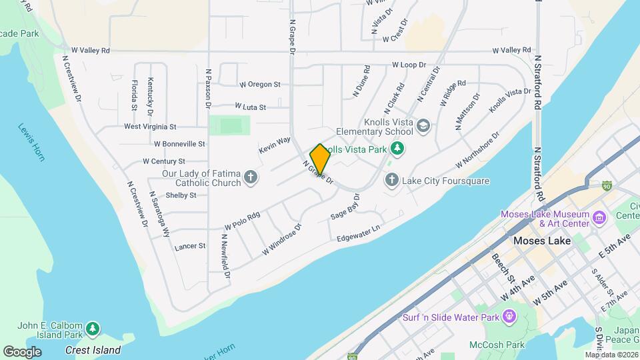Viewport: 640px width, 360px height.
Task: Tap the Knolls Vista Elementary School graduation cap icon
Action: tap(423, 126)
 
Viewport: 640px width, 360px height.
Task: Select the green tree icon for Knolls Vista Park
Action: tap(397, 147)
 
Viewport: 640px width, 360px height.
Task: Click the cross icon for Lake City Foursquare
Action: tap(392, 181)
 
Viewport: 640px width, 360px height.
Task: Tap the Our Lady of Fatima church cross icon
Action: tap(250, 177)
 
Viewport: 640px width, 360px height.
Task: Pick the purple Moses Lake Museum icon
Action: tap(599, 218)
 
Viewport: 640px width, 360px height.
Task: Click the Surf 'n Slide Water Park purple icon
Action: tap(511, 317)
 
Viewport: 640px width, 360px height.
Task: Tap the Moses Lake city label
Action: tap(542, 241)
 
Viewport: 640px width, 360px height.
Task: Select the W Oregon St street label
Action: tap(259, 85)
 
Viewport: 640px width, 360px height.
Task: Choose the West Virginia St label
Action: tap(150, 126)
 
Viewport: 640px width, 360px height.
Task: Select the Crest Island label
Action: tap(93, 350)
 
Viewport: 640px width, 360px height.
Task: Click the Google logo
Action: tap(22, 351)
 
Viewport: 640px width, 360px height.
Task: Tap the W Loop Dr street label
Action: tap(409, 65)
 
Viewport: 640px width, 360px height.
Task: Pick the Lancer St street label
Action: tap(190, 246)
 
